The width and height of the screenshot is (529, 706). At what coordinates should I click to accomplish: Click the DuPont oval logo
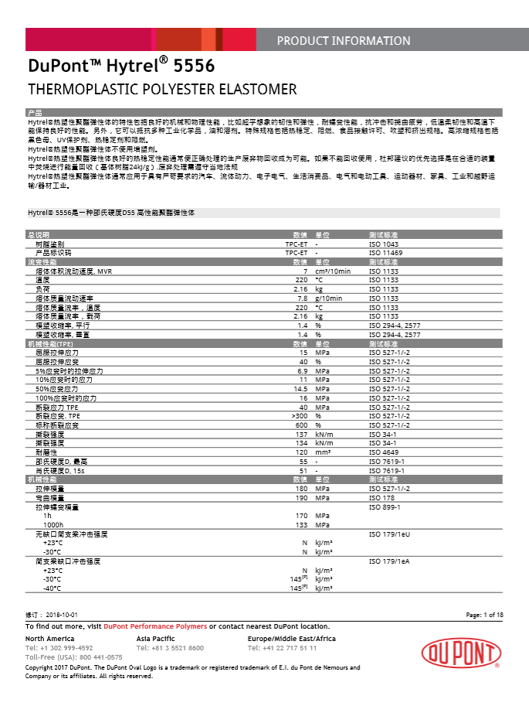point(460,653)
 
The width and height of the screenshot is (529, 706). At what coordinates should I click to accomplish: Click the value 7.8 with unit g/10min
point(303,298)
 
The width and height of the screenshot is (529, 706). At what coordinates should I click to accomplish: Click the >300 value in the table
point(300,416)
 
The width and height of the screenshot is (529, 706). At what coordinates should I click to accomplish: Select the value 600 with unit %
point(301,425)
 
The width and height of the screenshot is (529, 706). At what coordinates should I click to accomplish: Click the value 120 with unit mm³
point(301,452)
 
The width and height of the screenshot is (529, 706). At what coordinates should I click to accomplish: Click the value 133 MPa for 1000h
point(302,524)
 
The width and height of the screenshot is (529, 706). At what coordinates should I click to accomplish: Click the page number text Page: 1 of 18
point(484,614)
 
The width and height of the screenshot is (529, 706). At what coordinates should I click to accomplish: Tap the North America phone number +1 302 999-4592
point(59,648)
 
